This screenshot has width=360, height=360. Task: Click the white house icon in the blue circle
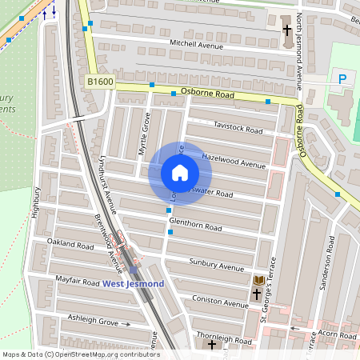pos(180,173)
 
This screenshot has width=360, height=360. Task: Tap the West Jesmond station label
pos(133,284)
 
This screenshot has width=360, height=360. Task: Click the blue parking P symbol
pos(342,78)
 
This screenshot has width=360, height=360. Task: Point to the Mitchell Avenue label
pos(196,46)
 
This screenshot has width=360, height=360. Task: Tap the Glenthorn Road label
pos(195,227)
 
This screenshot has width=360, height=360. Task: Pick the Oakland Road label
pos(71,241)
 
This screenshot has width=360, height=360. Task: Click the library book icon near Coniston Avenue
pos(258,280)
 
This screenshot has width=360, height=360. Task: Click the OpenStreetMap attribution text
pos(80,354)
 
